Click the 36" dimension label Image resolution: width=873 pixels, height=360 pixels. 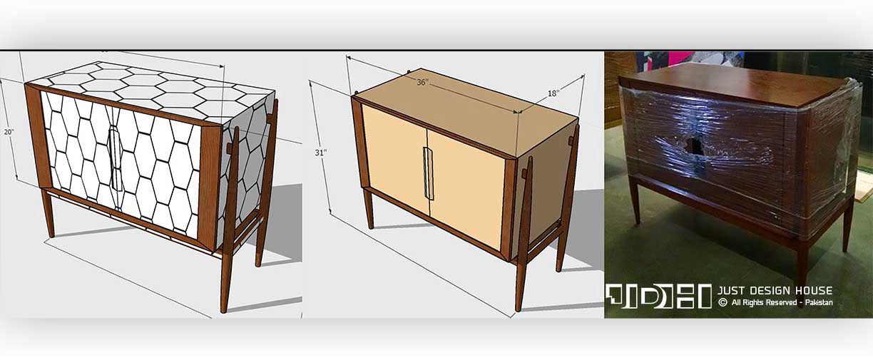(422, 82)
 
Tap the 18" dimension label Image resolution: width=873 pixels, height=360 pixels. (553, 93)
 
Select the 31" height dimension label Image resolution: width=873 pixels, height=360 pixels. (320, 153)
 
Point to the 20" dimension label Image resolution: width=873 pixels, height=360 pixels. (9, 132)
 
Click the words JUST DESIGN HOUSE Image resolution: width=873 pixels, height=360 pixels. (775, 291)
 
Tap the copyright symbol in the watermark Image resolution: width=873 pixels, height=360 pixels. (723, 303)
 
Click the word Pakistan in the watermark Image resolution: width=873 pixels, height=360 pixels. (819, 303)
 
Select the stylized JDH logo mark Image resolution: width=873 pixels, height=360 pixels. (658, 296)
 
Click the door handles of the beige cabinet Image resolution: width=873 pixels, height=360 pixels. (429, 173)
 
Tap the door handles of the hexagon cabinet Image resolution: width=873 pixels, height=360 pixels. (116, 159)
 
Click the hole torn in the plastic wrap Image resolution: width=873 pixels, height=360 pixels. (692, 145)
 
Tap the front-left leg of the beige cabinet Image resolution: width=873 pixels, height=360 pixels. (369, 208)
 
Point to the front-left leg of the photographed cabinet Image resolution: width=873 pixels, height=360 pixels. (635, 200)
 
